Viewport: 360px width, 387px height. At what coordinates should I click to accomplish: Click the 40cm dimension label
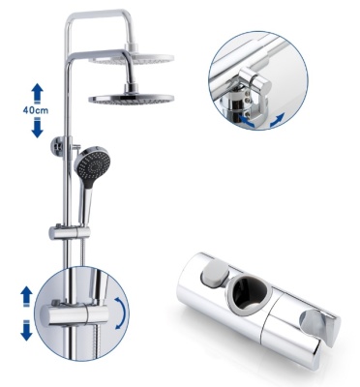click(36, 110)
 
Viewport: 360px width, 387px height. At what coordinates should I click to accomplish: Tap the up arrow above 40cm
click(37, 93)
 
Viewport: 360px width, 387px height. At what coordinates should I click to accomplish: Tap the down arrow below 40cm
click(38, 128)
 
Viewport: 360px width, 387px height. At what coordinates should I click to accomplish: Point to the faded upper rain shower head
click(132, 58)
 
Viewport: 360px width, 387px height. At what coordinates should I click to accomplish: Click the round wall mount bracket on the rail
click(59, 147)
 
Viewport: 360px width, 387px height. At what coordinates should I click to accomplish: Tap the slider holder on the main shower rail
click(70, 232)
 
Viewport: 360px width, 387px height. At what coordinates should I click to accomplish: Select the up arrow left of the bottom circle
click(26, 296)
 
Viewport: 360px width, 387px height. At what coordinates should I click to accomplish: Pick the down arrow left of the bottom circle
click(26, 331)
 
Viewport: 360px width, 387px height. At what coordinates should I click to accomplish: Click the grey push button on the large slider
click(215, 274)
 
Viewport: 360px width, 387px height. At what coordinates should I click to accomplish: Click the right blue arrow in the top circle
click(277, 120)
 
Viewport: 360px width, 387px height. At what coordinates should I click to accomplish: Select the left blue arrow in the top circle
click(247, 121)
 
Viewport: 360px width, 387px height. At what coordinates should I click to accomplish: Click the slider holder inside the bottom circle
click(78, 314)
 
